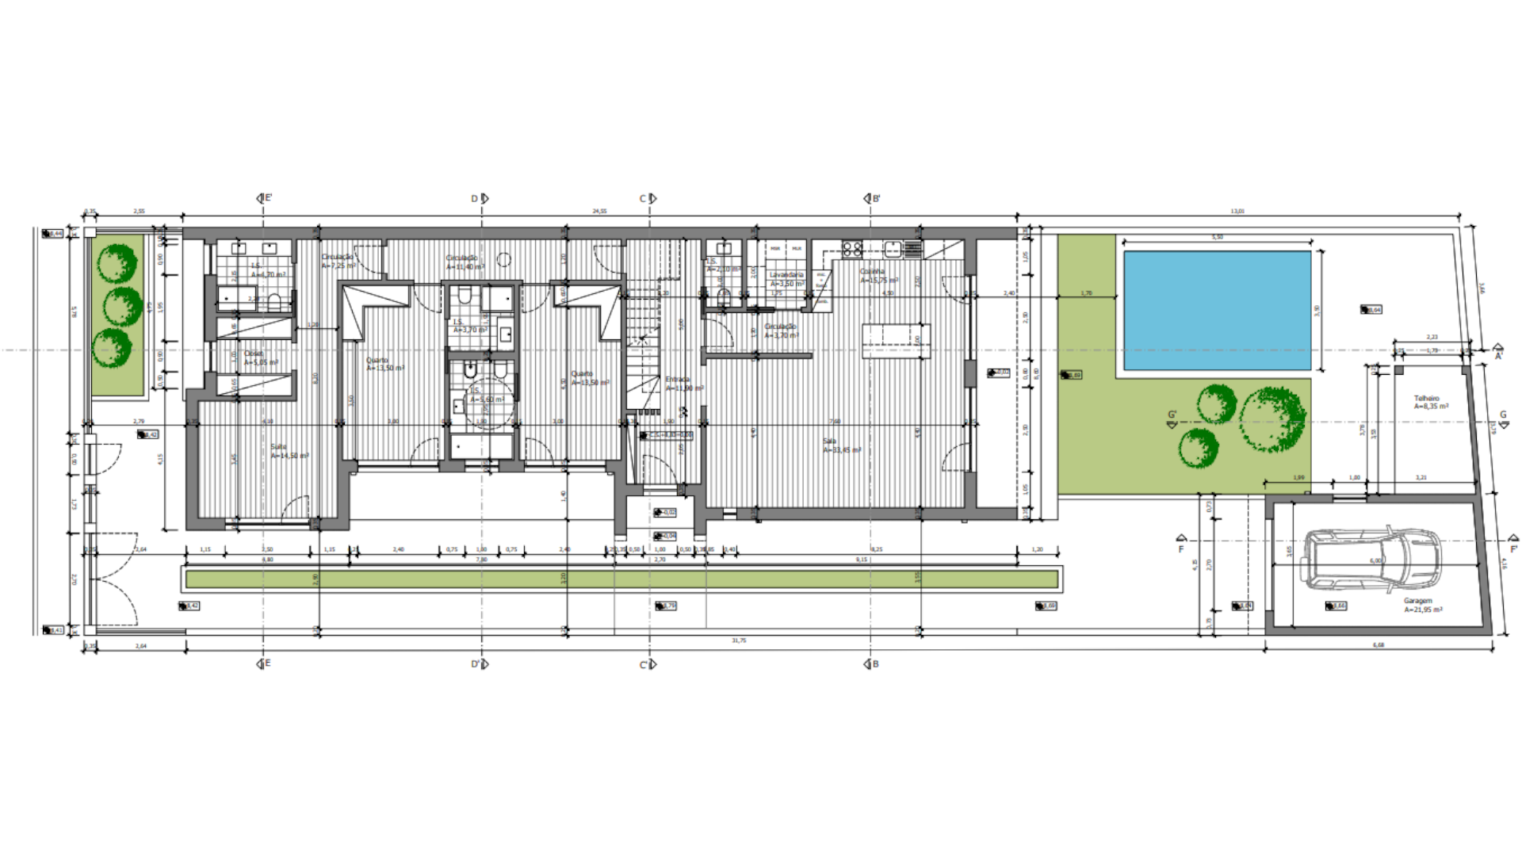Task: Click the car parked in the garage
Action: (1372, 560)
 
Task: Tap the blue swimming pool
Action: (1217, 310)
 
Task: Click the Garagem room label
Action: (1418, 602)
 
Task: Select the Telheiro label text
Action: (1426, 399)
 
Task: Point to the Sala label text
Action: (829, 441)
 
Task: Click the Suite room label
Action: (278, 447)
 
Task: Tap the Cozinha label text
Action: (872, 272)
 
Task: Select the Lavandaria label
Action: (786, 275)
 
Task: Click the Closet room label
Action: (254, 354)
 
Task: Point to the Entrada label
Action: (678, 380)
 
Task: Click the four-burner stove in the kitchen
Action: (852, 250)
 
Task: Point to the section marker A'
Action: (1498, 351)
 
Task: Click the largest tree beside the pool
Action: (1272, 419)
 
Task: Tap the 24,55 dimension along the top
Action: (599, 212)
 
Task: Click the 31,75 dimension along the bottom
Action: (739, 640)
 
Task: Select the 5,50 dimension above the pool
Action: (1217, 237)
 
